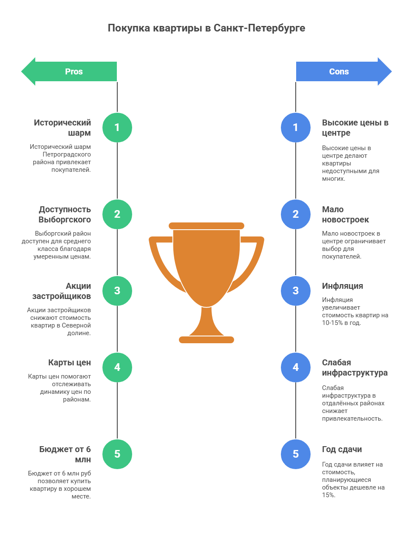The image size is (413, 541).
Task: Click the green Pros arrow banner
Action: click(x=69, y=71)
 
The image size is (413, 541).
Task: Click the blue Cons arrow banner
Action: click(x=344, y=71)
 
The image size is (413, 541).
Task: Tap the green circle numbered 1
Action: click(x=117, y=128)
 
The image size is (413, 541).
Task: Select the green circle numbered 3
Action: click(x=117, y=291)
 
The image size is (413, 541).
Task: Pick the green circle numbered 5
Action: click(x=117, y=454)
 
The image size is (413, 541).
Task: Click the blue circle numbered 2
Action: click(x=296, y=214)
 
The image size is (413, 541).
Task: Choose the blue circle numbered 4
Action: click(x=296, y=367)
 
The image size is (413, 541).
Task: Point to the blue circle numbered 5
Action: click(x=296, y=454)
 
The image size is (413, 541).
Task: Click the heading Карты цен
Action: click(x=69, y=362)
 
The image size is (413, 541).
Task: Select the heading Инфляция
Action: click(x=342, y=286)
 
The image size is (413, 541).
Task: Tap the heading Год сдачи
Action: click(x=342, y=449)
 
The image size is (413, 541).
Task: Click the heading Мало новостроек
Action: click(x=345, y=214)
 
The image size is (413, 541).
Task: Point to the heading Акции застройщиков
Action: click(x=62, y=291)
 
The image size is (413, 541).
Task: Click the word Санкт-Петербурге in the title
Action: click(x=259, y=28)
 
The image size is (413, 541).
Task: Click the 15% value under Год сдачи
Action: click(x=328, y=495)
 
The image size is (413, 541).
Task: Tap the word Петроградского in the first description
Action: click(x=67, y=154)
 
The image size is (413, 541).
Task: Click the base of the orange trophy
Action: click(x=206, y=340)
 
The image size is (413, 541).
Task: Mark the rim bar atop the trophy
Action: click(x=206, y=226)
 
